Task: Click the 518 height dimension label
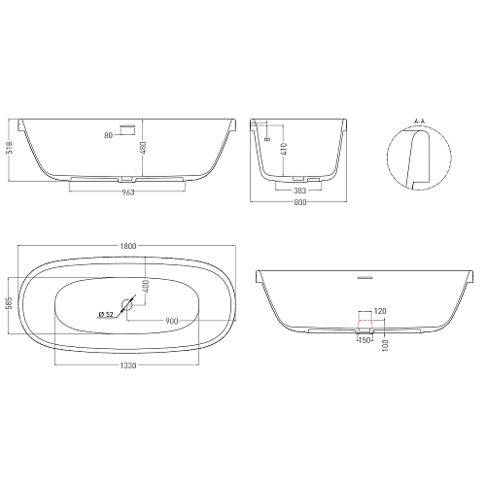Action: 10,148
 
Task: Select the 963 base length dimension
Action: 128,192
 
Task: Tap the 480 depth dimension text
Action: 144,148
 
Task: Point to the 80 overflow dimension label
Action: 108,135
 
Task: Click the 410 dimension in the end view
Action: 284,149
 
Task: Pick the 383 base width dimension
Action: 299,191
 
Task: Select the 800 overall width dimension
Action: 300,202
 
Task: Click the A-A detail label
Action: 419,121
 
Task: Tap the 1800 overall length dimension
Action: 128,246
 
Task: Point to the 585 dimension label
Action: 10,303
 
